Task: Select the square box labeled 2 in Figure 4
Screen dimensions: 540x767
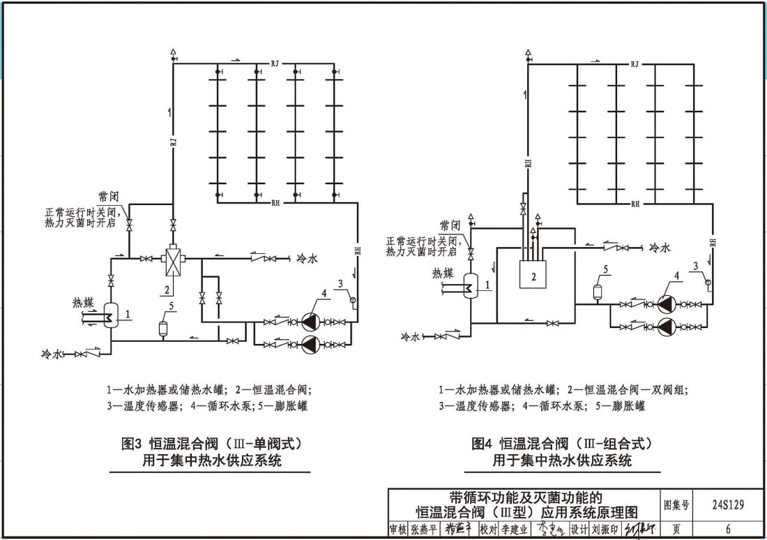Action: coord(533,275)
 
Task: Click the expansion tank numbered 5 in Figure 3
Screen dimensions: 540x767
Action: coord(163,327)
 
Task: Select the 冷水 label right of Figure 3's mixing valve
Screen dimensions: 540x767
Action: coord(307,258)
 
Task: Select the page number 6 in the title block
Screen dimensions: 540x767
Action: coord(728,530)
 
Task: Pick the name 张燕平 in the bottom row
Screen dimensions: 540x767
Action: coord(425,530)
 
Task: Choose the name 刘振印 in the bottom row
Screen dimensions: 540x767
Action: coord(605,530)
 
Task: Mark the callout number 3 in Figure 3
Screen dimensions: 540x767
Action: coord(340,283)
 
